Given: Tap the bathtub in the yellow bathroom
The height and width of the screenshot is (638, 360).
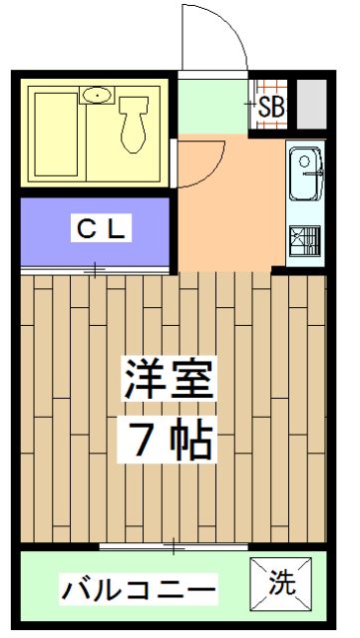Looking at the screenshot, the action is coord(56,135).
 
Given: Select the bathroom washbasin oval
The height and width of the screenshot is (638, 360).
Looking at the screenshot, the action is coord(97,96).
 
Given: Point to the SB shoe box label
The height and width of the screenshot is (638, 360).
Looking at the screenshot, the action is coord(271,108).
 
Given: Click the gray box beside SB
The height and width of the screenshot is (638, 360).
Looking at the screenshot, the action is coord(311,104).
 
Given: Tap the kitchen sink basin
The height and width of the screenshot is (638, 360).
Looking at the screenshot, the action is coord(306,174).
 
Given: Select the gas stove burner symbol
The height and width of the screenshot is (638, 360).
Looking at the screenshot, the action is coord(305,241).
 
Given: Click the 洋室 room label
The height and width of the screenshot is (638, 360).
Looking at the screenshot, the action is coord(169,379).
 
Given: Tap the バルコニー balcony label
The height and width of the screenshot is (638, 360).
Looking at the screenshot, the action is coord(139,588).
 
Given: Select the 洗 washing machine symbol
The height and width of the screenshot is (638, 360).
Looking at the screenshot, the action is coord(280,584).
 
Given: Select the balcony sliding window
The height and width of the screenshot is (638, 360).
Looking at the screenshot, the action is coord(174,546).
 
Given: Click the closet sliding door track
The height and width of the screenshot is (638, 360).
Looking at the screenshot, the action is coord(95,269).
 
